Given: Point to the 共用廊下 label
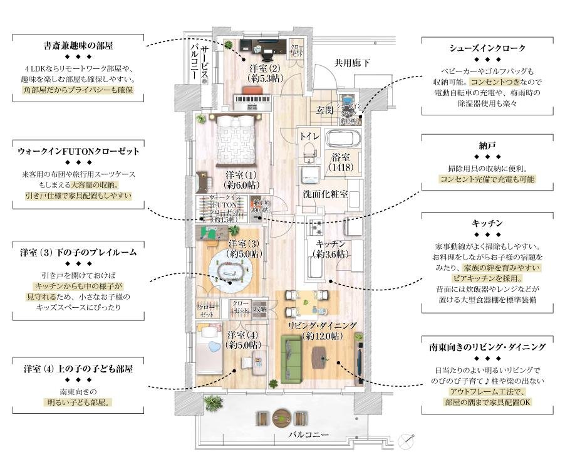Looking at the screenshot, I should click(352, 63).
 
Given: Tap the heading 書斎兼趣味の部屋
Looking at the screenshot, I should click(78, 46).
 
